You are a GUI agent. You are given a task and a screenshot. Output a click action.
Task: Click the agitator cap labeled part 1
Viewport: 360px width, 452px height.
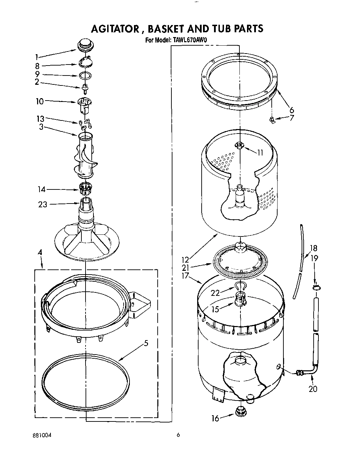pos(84,44)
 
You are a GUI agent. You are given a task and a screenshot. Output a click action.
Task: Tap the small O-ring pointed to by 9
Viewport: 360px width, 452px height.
pos(86,75)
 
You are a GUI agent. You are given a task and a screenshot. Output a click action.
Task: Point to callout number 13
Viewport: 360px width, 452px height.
pos(41,119)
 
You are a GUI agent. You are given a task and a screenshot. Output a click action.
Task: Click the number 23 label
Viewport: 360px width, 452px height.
pos(43,204)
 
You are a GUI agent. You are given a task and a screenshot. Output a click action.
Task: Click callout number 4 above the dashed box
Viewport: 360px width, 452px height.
pos(40,252)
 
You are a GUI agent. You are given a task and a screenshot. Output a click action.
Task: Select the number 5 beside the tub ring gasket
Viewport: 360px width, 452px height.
pos(146,343)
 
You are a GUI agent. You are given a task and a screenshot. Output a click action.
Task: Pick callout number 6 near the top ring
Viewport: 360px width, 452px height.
pos(291,110)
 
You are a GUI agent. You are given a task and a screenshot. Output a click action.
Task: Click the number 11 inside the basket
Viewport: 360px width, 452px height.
pos(260,152)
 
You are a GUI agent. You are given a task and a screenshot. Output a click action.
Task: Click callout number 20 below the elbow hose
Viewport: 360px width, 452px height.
pos(313,389)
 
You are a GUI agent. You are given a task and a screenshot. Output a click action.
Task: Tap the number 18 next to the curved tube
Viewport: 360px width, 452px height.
pos(313,248)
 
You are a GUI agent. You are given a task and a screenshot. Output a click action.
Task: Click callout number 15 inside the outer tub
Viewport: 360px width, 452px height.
pos(215,309)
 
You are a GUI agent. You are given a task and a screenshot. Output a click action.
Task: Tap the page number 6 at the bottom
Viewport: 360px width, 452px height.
pos(178,435)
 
